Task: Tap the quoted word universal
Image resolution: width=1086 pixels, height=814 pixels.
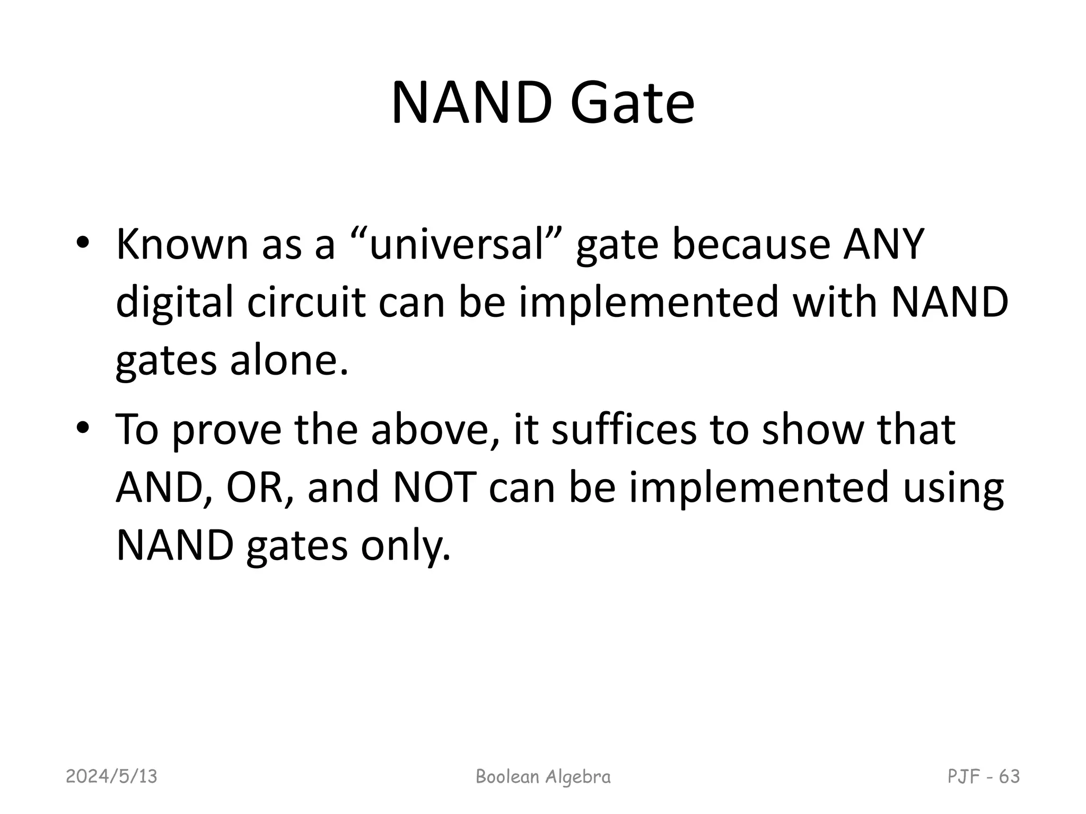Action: (457, 245)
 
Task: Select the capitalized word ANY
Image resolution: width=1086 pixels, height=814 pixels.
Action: (884, 245)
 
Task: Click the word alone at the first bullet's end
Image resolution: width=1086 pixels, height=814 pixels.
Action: (289, 360)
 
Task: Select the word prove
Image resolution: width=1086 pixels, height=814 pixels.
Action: (227, 430)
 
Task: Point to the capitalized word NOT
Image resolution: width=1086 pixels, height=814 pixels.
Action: (434, 488)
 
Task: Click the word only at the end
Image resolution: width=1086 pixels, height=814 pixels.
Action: (406, 546)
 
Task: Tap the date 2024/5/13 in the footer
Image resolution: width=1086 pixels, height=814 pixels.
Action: (111, 776)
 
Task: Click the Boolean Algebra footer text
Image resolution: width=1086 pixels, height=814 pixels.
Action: (543, 776)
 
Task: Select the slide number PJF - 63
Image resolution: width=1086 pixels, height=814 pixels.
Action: (984, 776)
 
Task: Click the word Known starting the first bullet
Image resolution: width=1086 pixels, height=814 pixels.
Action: (182, 245)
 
